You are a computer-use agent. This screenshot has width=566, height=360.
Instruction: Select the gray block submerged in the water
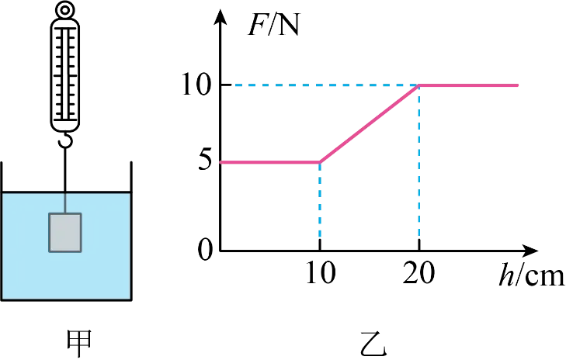[65, 233]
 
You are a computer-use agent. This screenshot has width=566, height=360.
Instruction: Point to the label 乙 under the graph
[373, 344]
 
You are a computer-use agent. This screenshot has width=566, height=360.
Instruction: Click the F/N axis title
[273, 26]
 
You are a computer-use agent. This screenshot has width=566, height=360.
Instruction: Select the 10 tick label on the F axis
[196, 85]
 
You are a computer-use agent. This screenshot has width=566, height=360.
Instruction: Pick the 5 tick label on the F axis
[204, 161]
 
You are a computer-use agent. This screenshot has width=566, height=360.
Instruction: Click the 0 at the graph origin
[205, 250]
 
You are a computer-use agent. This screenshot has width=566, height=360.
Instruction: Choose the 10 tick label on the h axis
[321, 272]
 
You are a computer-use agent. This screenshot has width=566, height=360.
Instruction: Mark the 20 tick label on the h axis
[418, 272]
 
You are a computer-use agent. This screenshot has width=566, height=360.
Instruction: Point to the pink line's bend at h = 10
[320, 162]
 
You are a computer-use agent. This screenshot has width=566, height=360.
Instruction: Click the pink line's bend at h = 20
[418, 85]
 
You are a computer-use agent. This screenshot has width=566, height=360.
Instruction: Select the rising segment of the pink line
[370, 123]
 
